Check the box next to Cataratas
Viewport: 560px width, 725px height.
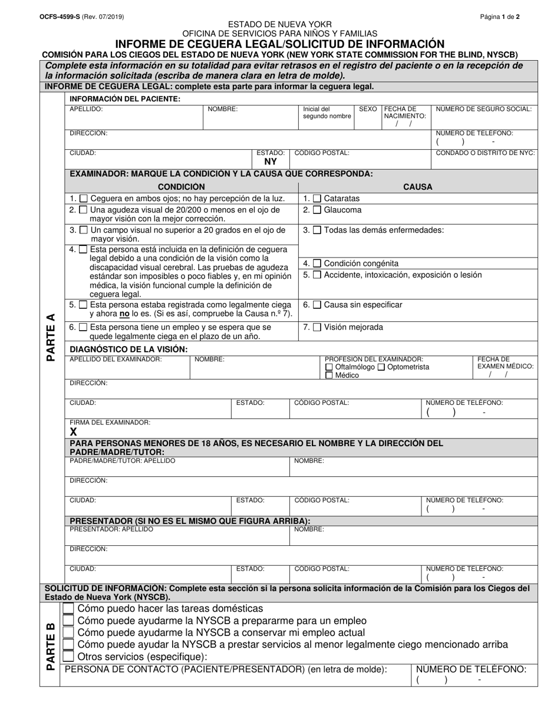(317, 199)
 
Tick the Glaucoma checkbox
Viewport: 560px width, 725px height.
(317, 210)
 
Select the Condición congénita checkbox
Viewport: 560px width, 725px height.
(317, 263)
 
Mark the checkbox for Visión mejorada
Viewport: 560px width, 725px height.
(317, 327)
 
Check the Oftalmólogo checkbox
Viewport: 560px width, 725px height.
(329, 367)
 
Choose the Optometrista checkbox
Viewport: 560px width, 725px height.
(381, 367)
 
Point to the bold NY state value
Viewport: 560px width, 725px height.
(271, 162)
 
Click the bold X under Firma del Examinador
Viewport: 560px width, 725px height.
(74, 431)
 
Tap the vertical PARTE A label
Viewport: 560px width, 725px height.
(51, 337)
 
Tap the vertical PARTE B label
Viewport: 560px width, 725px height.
(51, 646)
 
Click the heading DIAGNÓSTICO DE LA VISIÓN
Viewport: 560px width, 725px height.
(129, 349)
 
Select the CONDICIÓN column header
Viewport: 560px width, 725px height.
(182, 187)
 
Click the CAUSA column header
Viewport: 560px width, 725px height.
(417, 187)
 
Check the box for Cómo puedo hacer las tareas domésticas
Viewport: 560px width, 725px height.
(69, 608)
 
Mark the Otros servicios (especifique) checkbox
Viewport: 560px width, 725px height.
(69, 656)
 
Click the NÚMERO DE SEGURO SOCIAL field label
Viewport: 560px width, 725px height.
(483, 109)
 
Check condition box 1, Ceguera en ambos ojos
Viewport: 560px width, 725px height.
(84, 199)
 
